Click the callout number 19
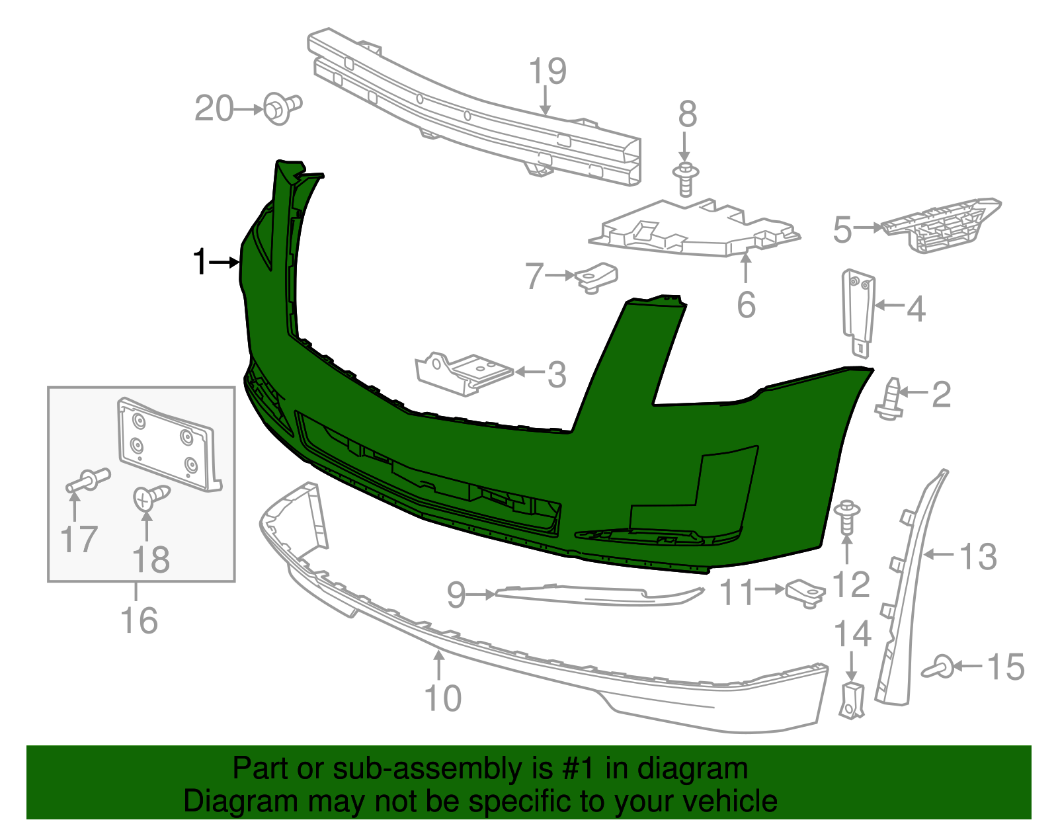pos(548,71)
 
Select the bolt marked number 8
pos(686,178)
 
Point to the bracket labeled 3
pos(463,373)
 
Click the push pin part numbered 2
pos(889,399)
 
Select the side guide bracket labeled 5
pos(939,225)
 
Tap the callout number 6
pos(746,305)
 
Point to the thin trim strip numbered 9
pos(595,595)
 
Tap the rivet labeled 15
pos(939,667)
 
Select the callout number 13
pos(978,557)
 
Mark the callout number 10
pos(442,698)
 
